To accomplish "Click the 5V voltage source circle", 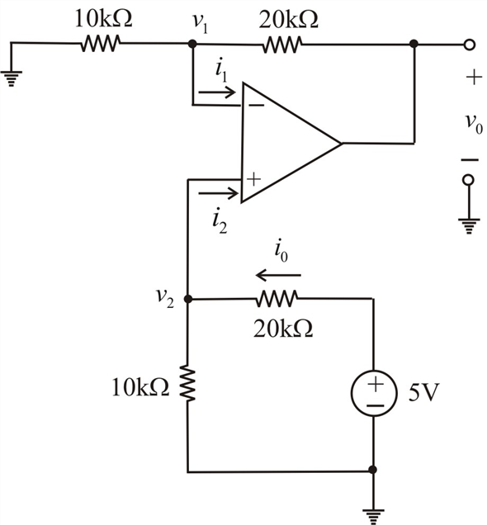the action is (x=374, y=393).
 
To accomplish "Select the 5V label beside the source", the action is (x=423, y=392).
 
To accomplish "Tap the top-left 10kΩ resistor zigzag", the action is (x=101, y=44).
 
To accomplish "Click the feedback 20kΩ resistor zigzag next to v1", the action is (x=281, y=45).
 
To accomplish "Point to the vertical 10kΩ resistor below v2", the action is (x=187, y=383).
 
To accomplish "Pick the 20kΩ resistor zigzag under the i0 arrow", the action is (x=277, y=299).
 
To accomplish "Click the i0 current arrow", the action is (x=278, y=275).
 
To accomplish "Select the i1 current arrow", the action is (x=217, y=92).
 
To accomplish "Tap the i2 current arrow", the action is (x=218, y=193).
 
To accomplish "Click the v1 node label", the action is (x=200, y=23).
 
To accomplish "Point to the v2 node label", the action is (x=165, y=298).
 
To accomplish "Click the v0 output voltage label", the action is (x=475, y=123).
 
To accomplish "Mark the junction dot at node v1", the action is (x=192, y=44).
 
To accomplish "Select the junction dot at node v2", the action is (x=188, y=299).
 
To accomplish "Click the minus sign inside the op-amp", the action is (x=257, y=106).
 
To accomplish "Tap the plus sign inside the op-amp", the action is (x=253, y=179).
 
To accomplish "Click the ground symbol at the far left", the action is (x=12, y=78).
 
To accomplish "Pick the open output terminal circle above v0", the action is (x=470, y=45).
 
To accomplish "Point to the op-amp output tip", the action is (x=342, y=144).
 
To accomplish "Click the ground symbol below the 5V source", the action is (x=374, y=516).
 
